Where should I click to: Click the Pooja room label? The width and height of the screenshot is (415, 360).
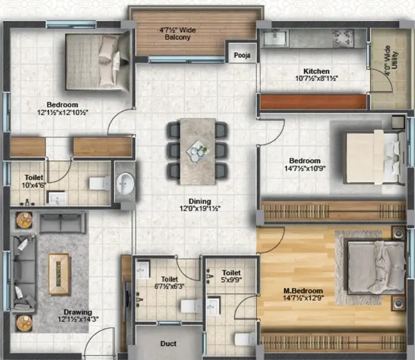[x=242, y=55]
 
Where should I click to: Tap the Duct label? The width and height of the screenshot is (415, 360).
[x=168, y=343]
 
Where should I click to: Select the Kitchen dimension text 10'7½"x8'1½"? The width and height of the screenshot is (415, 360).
[x=316, y=79]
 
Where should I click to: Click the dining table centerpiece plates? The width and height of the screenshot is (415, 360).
[x=197, y=151]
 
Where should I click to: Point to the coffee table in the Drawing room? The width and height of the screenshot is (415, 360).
[x=59, y=274]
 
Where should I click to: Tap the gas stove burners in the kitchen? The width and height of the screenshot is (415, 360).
[x=343, y=38]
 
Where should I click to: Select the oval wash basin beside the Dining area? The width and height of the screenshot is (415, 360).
[x=125, y=183]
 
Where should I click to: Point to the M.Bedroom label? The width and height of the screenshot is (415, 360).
[x=303, y=291]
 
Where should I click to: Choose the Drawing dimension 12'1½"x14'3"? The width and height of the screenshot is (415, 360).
[x=78, y=319]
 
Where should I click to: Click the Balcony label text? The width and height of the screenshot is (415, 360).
[x=178, y=38]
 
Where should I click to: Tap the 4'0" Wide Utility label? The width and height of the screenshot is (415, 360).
[x=391, y=60]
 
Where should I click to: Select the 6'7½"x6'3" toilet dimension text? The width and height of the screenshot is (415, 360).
[x=169, y=286]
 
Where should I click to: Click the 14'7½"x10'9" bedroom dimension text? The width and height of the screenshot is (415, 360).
[x=305, y=168]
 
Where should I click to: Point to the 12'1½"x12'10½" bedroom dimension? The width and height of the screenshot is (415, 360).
[x=62, y=112]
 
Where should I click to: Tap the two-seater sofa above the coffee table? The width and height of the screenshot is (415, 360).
[x=62, y=223]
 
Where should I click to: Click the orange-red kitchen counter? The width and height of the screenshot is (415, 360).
[x=313, y=102]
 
